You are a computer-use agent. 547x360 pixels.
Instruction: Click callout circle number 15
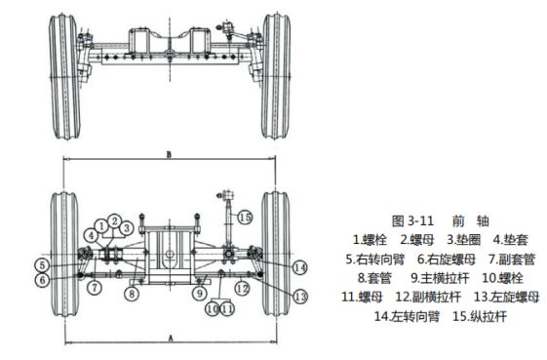tap(245, 218)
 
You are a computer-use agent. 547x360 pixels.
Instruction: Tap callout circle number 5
tap(42, 265)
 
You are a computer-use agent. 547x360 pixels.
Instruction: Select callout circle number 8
tap(132, 294)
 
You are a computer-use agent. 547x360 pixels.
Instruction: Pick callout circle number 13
tap(300, 297)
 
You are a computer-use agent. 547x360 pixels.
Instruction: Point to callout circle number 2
tap(114, 220)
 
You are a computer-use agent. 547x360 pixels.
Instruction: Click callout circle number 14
tap(299, 268)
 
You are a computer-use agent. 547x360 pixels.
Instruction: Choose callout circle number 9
tap(200, 293)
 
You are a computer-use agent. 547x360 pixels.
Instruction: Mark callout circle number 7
tap(95, 288)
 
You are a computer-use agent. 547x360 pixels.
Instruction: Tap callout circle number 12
tap(242, 289)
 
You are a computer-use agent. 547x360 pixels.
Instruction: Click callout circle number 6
tap(42, 280)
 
